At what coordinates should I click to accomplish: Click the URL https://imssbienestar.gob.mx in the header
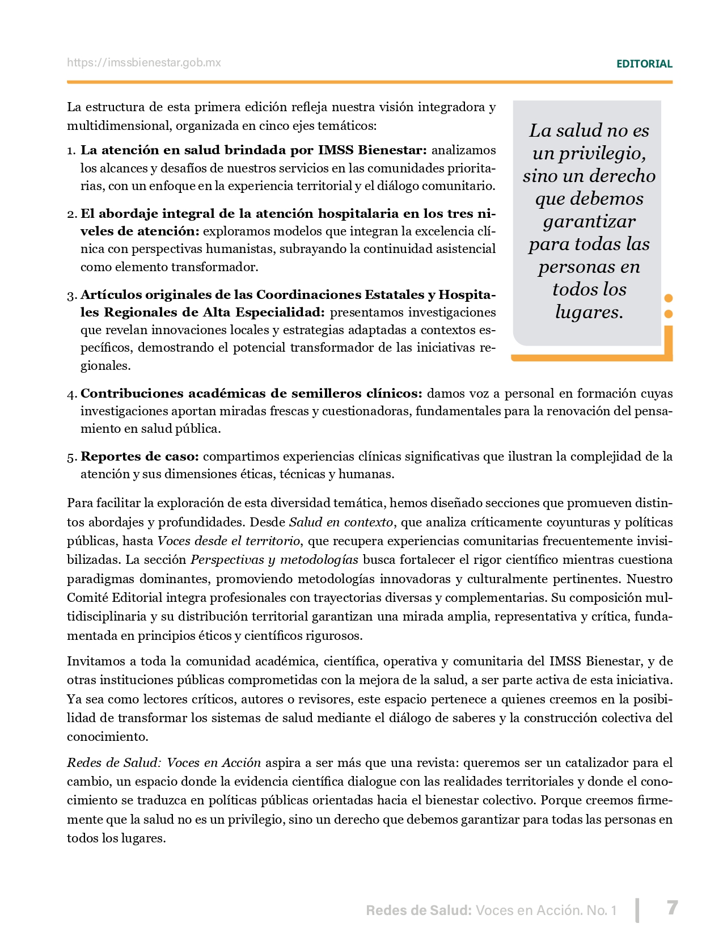144,63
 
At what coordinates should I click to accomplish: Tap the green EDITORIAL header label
644,64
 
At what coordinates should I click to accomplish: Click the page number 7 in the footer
672,908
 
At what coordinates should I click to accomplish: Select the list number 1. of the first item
71,151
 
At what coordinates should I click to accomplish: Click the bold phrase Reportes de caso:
139,457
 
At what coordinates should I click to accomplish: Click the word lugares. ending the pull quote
589,312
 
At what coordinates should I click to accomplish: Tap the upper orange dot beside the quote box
669,298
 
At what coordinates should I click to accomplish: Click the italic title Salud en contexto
341,522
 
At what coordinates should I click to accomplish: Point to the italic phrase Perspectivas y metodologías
274,560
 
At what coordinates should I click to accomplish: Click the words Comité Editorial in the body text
114,598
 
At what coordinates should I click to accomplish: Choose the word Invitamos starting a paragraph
95,661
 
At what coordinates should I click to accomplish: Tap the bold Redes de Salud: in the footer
418,910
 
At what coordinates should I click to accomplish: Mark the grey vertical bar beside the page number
638,910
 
